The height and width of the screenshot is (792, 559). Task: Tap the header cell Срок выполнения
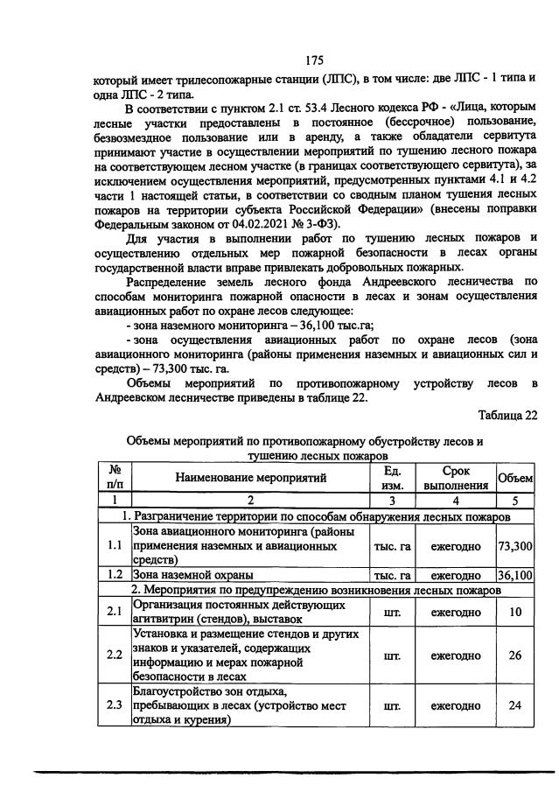coord(455,478)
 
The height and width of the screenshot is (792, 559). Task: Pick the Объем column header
coord(515,478)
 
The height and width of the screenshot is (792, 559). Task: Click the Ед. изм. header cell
coord(392,478)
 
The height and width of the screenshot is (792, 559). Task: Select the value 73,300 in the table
coord(515,546)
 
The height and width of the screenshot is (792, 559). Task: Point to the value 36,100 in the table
coord(515,576)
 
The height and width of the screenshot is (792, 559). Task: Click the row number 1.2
coord(114,576)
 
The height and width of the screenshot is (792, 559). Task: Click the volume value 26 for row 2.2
coord(515,655)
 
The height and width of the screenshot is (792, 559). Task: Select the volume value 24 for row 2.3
coord(515,705)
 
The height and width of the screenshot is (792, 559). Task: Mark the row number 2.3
coord(114,705)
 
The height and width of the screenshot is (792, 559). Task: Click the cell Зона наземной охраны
coord(193,576)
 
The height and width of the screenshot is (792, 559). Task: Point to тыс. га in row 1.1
coord(392,546)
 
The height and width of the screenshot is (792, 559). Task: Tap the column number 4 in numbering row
coord(455,501)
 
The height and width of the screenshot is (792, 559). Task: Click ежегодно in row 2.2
coord(455,655)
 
